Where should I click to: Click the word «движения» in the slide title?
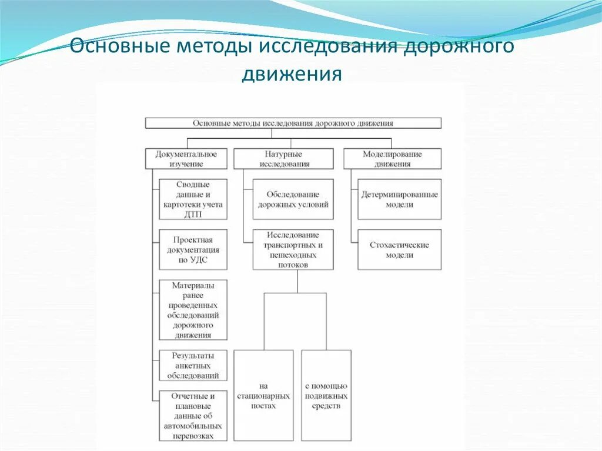(x=291, y=75)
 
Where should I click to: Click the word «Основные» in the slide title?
(x=116, y=47)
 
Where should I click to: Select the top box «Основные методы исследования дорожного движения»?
(x=293, y=123)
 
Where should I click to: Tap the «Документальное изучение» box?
(x=186, y=159)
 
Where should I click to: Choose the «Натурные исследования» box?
(x=283, y=159)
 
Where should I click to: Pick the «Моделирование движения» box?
(x=392, y=159)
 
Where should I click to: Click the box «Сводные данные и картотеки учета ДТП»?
(x=193, y=199)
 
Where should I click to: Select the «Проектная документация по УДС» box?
(x=193, y=249)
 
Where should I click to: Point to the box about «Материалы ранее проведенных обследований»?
(x=193, y=310)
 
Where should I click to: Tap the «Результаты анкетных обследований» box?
(x=193, y=365)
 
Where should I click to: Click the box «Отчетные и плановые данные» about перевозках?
(x=193, y=416)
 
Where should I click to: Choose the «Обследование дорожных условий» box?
(x=293, y=199)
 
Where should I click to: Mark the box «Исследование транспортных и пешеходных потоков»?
(x=293, y=249)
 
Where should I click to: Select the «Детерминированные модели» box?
(x=399, y=199)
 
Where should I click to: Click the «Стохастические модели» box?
(x=399, y=249)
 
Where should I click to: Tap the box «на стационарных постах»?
(x=263, y=396)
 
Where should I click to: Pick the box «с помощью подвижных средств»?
(x=326, y=396)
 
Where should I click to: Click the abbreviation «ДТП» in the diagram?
(x=193, y=214)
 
